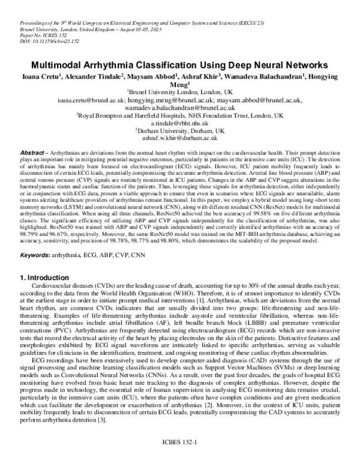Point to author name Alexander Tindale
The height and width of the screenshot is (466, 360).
coord(91,76)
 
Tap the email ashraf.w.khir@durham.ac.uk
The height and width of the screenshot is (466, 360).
coord(179,136)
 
